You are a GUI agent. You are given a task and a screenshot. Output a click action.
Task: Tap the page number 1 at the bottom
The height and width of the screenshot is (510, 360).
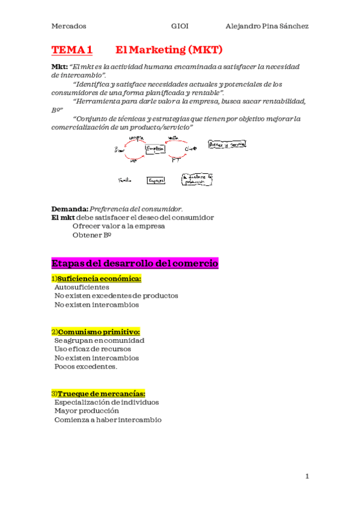click(x=307, y=477)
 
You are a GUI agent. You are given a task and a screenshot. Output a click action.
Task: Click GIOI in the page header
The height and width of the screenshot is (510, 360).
click(x=180, y=26)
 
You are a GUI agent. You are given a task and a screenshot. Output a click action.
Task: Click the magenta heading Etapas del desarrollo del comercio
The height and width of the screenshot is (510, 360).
click(x=135, y=263)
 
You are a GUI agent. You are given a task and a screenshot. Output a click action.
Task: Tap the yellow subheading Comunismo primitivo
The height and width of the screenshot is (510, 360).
click(x=99, y=332)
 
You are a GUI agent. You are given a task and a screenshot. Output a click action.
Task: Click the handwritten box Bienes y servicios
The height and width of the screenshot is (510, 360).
click(x=227, y=144)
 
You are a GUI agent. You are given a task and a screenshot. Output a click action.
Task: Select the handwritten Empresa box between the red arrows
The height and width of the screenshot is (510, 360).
click(x=155, y=149)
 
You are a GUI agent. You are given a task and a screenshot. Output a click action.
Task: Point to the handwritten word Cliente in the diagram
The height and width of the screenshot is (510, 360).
click(x=191, y=148)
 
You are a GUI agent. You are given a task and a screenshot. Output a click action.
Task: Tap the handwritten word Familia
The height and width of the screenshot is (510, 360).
click(x=124, y=180)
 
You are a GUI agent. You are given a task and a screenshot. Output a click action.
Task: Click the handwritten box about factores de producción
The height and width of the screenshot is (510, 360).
click(x=197, y=179)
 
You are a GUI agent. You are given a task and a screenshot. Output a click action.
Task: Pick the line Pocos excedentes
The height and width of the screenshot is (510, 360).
click(x=86, y=366)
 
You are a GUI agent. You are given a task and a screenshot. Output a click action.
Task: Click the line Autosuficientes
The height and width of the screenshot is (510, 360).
click(x=82, y=287)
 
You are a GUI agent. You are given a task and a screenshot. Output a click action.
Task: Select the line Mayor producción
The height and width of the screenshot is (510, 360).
click(x=87, y=411)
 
